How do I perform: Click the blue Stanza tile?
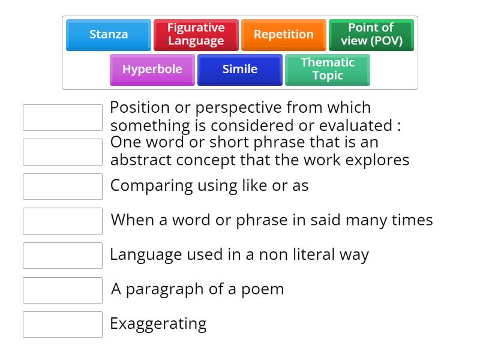tap(109, 34)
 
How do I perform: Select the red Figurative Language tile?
tap(196, 34)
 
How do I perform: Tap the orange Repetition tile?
tap(283, 34)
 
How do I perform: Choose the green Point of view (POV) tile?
tap(371, 34)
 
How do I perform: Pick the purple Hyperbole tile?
tap(152, 69)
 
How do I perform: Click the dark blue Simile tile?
tap(239, 69)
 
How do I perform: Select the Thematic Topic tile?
tap(327, 69)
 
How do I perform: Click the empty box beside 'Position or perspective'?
tap(62, 118)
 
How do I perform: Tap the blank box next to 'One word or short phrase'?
tap(62, 152)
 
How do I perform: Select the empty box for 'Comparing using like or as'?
tap(62, 187)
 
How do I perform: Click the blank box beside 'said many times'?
tap(62, 221)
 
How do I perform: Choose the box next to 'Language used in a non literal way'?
tap(62, 256)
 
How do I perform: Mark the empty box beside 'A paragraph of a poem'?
tap(62, 290)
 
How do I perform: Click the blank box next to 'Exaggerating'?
tap(62, 325)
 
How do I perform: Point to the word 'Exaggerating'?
tap(158, 325)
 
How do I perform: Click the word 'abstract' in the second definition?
tap(143, 160)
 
